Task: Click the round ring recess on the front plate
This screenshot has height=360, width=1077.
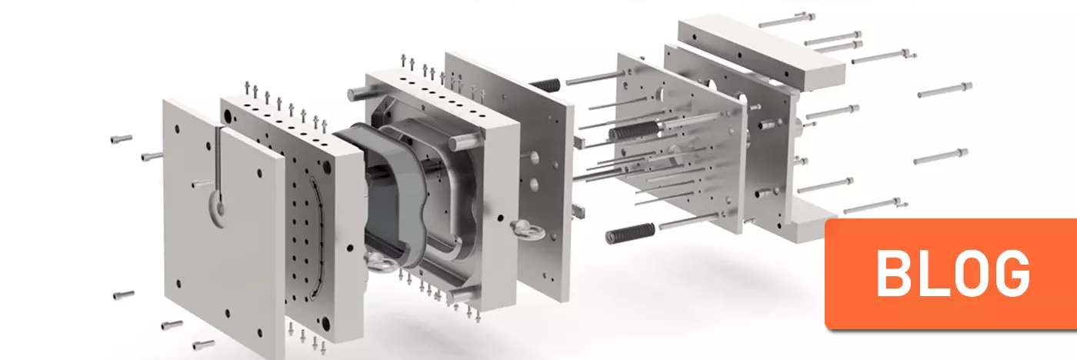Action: coord(219,208)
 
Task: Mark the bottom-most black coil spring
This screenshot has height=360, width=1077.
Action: coord(630,234)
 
